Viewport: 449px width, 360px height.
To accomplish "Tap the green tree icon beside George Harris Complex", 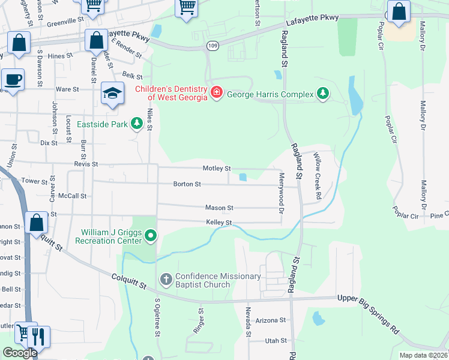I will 324,93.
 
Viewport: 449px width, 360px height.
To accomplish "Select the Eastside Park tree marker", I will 137,124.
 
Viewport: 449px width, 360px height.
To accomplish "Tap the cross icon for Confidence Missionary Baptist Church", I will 166,280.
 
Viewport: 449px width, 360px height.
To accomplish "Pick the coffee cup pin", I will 12,79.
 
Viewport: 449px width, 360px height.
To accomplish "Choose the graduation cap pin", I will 112,92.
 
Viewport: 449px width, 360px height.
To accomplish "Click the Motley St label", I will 217,169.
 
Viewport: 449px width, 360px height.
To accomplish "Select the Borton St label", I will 187,184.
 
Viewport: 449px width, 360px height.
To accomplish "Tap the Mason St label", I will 219,208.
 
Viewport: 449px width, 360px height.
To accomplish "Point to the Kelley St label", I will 219,223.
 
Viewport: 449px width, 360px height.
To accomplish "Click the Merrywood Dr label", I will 281,193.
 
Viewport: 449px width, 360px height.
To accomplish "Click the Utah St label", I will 276,340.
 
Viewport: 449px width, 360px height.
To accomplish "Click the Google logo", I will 19,353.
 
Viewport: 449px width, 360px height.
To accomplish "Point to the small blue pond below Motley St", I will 243,177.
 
